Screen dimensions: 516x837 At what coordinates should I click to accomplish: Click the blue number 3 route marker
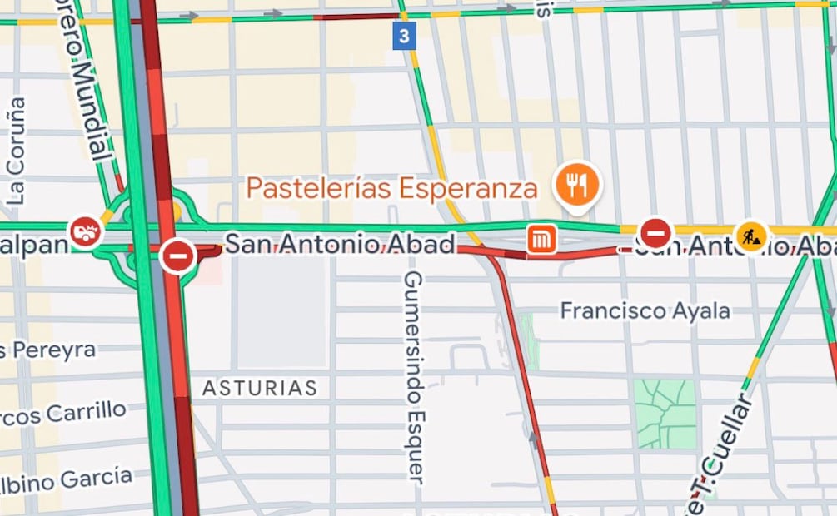[x=404, y=36]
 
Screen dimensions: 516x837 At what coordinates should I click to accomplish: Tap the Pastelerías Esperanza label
[x=391, y=188]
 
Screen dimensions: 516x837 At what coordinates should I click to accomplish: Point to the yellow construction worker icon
[x=750, y=236]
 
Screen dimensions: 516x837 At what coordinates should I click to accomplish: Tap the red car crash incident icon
[x=85, y=232]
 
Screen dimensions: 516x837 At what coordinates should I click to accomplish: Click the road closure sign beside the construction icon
[x=655, y=233]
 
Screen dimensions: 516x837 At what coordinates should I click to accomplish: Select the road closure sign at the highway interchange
[x=177, y=256]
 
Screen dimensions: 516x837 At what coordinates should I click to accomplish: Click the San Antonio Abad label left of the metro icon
[x=341, y=245]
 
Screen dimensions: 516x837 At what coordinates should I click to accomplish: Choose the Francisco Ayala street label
[x=645, y=311]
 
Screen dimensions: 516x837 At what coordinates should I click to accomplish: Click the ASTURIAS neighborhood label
[x=260, y=388]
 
